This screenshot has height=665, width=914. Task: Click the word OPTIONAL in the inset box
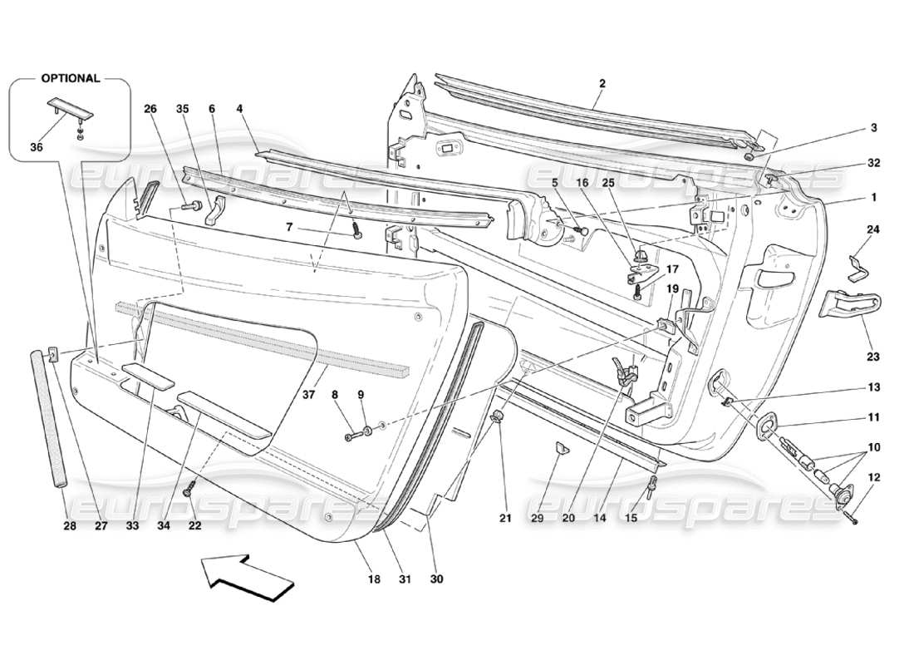point(70,78)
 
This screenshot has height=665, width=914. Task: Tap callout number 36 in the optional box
point(36,147)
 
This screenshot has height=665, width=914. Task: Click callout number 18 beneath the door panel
point(375,579)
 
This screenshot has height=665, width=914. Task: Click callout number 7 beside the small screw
point(313,227)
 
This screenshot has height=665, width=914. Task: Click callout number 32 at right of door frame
point(872,163)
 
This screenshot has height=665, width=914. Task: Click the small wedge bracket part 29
point(562,449)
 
